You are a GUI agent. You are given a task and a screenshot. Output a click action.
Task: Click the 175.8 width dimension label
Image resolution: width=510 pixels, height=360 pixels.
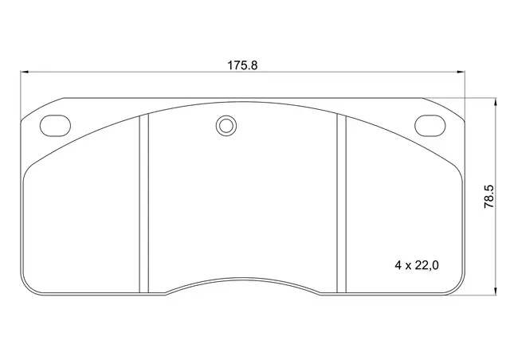[242, 65]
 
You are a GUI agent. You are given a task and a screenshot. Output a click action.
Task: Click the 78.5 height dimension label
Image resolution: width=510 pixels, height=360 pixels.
[488, 197]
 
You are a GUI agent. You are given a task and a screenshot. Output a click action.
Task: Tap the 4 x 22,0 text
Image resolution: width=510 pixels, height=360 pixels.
[417, 265]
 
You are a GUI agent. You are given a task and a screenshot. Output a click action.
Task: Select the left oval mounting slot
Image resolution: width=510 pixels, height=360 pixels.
[55, 125]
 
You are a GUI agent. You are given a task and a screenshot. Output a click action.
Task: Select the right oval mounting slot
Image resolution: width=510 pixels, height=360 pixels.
[430, 125]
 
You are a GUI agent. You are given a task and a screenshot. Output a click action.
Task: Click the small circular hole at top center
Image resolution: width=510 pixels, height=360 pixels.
[226, 126]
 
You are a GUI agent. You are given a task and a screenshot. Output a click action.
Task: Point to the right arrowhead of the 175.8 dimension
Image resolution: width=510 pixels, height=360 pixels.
[461, 72]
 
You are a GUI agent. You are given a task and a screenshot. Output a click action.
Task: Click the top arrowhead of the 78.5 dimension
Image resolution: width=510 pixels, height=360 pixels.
[496, 102]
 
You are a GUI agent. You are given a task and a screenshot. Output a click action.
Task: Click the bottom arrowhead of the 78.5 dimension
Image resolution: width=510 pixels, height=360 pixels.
[496, 291]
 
